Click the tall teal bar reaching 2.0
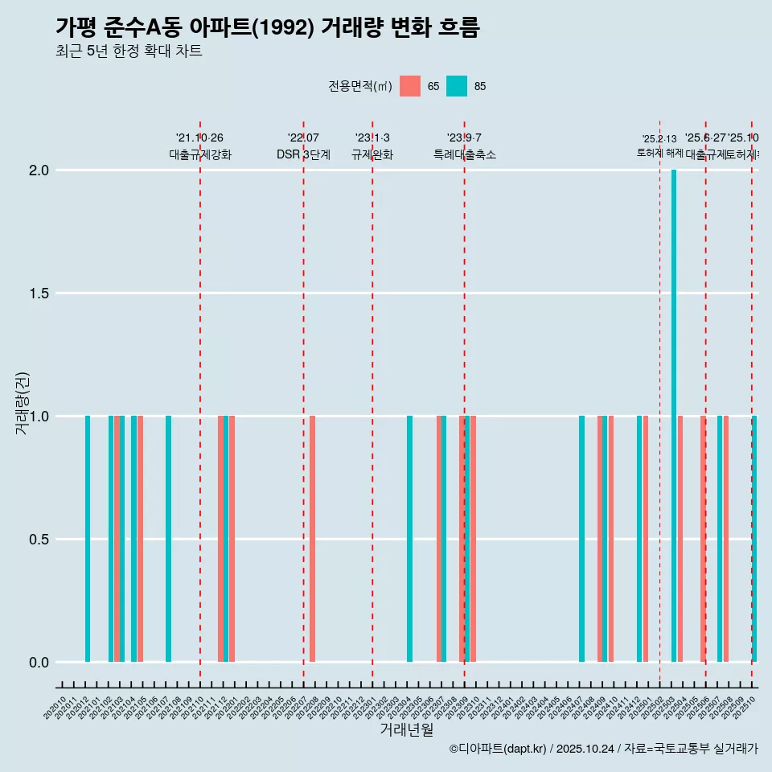coord(674,416)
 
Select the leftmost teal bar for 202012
coord(88,539)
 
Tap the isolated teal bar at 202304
coord(409,539)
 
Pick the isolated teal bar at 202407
coord(581,539)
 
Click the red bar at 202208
coord(312,539)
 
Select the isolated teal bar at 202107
coord(168,539)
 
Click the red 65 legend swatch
coord(410,86)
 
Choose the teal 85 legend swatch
coord(457,86)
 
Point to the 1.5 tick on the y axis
coord(38,294)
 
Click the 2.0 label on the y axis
coord(38,170)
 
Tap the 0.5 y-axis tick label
coord(38,540)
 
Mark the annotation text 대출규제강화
coord(199,154)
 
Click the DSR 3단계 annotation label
coord(303,154)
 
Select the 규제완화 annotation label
coord(372,154)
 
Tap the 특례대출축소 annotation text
coord(464,154)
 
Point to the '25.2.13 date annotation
coord(659,138)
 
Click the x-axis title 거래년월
coord(406,730)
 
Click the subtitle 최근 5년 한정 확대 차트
coord(129,51)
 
